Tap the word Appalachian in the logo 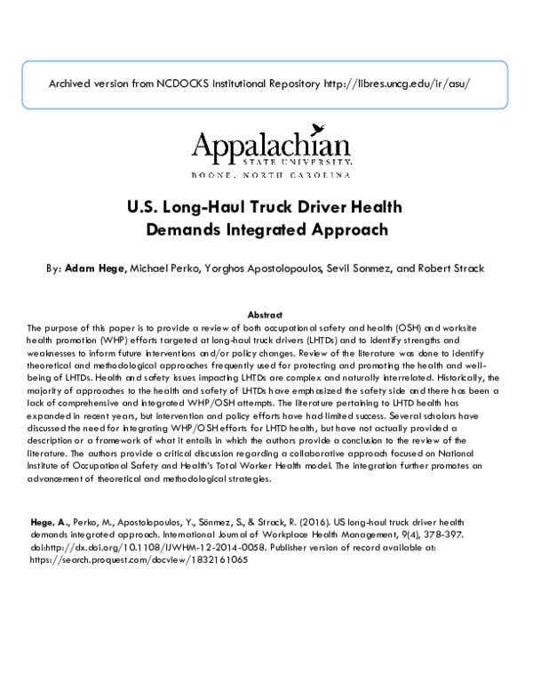point(271,145)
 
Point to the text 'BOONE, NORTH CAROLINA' point(270,175)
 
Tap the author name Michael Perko point(168,268)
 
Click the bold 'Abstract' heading point(265,315)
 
